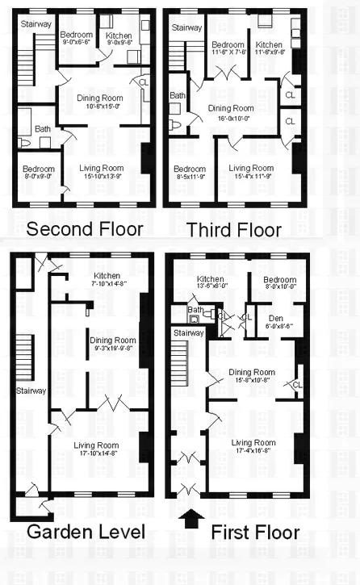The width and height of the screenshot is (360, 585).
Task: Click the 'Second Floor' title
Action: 84,229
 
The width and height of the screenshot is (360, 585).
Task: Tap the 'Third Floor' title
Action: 233,231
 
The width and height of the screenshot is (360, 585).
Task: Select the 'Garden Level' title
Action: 86,533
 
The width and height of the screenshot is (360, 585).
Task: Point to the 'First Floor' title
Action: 255,533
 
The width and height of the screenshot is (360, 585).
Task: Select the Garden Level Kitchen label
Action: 105,276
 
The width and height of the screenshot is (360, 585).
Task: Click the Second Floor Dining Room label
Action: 100,98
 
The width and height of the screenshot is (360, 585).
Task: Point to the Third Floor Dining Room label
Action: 231,107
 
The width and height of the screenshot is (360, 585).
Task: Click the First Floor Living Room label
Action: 253,442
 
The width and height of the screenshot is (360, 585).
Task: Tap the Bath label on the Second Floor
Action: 42,128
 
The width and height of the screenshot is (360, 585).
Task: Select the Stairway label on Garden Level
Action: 31,391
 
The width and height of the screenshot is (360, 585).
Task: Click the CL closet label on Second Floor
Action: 144,82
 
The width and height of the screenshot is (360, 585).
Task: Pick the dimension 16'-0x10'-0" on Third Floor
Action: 231,116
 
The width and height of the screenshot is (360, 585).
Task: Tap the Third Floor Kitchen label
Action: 269,44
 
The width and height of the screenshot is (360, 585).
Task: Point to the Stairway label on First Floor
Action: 189,332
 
